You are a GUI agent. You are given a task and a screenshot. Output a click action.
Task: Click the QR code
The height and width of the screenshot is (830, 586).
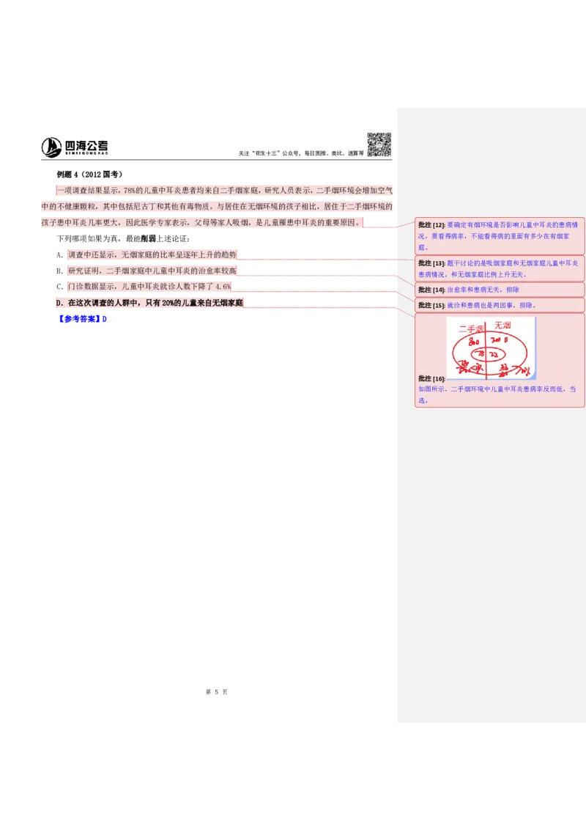377,144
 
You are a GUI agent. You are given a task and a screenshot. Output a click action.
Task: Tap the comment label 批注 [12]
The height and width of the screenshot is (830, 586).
431,224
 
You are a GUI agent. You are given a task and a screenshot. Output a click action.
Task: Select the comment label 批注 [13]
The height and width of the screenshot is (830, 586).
431,262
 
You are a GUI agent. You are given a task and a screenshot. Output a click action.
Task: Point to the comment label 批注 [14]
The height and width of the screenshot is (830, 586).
431,290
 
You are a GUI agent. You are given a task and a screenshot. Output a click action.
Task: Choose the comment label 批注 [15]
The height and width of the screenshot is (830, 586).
431,305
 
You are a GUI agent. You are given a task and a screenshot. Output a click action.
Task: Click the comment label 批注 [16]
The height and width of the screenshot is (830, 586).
431,378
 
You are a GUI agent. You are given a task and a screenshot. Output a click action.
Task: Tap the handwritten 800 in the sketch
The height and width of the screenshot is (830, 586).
473,342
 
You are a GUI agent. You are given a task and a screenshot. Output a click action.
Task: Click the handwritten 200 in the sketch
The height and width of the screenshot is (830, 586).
496,341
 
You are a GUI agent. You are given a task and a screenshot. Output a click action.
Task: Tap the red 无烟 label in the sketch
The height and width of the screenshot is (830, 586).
502,325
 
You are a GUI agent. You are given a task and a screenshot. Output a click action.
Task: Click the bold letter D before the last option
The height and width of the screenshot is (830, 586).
58,303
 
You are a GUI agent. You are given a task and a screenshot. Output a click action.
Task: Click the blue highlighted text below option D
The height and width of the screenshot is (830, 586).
84,319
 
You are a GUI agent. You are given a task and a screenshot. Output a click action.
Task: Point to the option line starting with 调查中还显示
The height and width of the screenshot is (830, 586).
152,255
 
